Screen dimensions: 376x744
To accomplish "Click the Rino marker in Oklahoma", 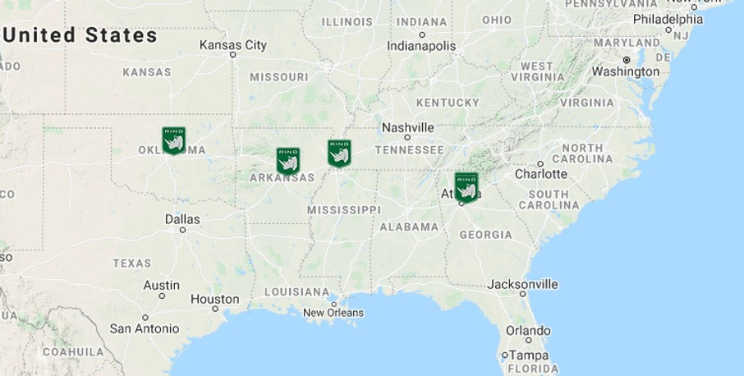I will pyautogui.click(x=173, y=140).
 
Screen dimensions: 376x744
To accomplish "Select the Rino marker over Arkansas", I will pyautogui.click(x=287, y=161).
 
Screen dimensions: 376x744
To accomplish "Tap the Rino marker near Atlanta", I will pyautogui.click(x=466, y=187).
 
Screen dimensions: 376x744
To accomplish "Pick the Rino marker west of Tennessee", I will pyautogui.click(x=339, y=153).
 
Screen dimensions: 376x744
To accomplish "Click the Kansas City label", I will pyautogui.click(x=233, y=45).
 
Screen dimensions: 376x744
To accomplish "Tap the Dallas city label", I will pyautogui.click(x=181, y=219).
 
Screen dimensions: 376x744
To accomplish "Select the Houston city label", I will pyautogui.click(x=214, y=300).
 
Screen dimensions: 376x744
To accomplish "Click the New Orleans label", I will pyautogui.click(x=333, y=313).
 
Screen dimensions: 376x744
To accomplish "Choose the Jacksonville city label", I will pyautogui.click(x=522, y=284).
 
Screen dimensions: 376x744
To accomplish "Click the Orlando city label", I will pyautogui.click(x=528, y=330).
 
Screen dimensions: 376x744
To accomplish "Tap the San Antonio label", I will pyautogui.click(x=145, y=328).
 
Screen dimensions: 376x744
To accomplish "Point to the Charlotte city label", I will pyautogui.click(x=540, y=174).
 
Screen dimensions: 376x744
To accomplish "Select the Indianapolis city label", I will pyautogui.click(x=421, y=46).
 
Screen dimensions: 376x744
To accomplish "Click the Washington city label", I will pyautogui.click(x=626, y=71).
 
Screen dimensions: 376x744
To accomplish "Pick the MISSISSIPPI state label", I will pyautogui.click(x=344, y=210).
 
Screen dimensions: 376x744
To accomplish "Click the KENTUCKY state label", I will pyautogui.click(x=448, y=103).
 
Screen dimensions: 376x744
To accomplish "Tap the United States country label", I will pyautogui.click(x=80, y=35).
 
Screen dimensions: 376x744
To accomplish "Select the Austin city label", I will pyautogui.click(x=162, y=285).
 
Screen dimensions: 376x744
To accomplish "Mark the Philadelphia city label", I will pyautogui.click(x=668, y=19).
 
